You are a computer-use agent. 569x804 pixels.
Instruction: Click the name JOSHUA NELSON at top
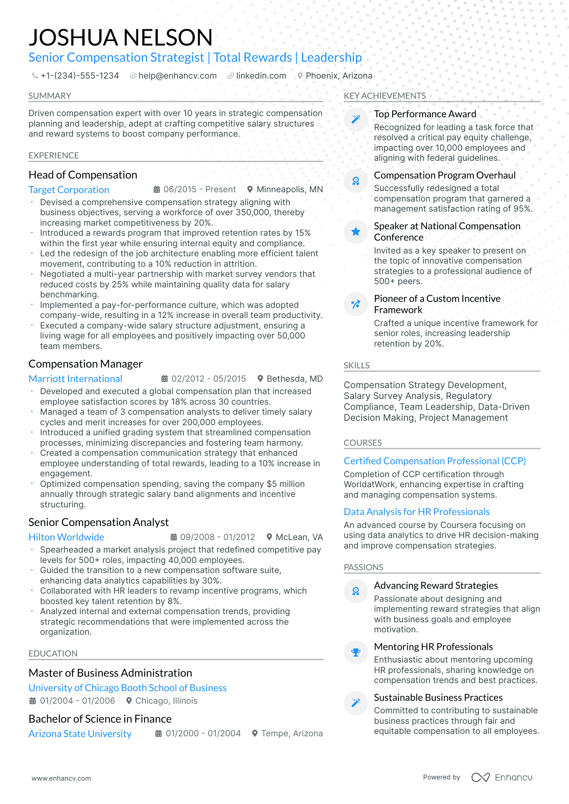click(120, 37)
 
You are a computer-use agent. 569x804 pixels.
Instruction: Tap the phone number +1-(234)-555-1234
click(79, 76)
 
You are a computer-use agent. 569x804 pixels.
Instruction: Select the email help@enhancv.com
click(177, 76)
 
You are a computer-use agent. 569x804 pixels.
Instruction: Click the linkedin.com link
click(261, 76)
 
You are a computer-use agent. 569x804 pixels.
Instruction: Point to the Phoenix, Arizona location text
click(339, 76)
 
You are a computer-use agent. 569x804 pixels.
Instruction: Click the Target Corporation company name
click(69, 190)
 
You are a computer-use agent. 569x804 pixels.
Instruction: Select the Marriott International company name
click(75, 379)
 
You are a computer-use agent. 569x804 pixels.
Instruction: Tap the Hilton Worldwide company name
click(66, 537)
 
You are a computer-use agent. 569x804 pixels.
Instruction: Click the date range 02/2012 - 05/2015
click(208, 379)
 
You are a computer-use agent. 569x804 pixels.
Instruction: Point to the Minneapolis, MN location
click(289, 189)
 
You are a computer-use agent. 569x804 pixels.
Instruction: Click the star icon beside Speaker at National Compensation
click(356, 231)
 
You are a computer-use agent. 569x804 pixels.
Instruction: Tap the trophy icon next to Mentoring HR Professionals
click(356, 652)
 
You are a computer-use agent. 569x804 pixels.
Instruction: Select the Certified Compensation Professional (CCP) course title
click(435, 461)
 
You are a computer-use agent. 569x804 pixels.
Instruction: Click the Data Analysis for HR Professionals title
click(416, 512)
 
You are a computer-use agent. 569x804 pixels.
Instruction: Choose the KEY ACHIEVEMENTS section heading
click(385, 96)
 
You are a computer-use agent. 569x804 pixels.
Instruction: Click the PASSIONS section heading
click(363, 567)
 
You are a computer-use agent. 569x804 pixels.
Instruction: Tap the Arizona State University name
click(80, 734)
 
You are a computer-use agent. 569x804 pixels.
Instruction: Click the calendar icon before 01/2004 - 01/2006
click(33, 701)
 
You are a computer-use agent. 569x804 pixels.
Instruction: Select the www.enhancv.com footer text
click(61, 778)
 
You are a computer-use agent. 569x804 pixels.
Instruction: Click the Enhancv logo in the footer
click(502, 777)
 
